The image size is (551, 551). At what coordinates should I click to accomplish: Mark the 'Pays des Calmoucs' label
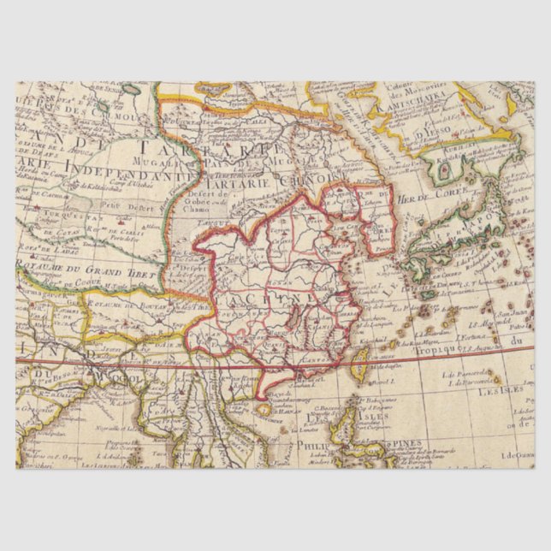68,112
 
